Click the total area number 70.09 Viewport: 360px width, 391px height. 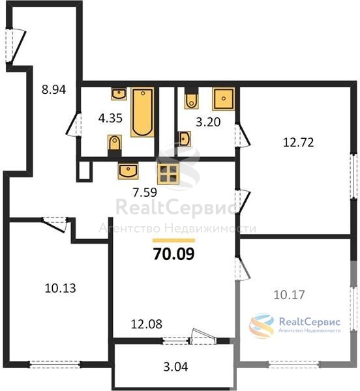pyautogui.click(x=173, y=254)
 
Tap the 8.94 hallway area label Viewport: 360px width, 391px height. pyautogui.click(x=53, y=89)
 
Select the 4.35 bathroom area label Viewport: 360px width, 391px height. pyautogui.click(x=110, y=118)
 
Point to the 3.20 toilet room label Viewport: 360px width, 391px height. pyautogui.click(x=208, y=123)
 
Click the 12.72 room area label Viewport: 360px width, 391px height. pyautogui.click(x=299, y=142)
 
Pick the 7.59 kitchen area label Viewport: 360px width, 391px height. pyautogui.click(x=145, y=192)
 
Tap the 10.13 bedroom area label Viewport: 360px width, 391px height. pyautogui.click(x=61, y=288)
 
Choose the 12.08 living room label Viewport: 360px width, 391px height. pyautogui.click(x=147, y=324)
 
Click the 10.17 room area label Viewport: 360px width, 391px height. pyautogui.click(x=289, y=295)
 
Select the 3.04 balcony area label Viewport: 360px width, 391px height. pyautogui.click(x=175, y=367)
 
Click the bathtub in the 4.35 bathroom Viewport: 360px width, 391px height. pyautogui.click(x=142, y=112)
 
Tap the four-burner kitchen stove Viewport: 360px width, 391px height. pyautogui.click(x=168, y=174)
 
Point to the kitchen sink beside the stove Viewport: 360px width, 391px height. pyautogui.click(x=128, y=171)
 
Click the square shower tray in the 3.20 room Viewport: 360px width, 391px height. pyautogui.click(x=223, y=99)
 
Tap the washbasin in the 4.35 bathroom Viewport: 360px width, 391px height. pyautogui.click(x=119, y=94)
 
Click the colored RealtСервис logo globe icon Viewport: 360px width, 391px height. pyautogui.click(x=262, y=325)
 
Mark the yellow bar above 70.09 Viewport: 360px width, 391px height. pyautogui.click(x=173, y=240)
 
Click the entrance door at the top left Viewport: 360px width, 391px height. pyautogui.click(x=16, y=46)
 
